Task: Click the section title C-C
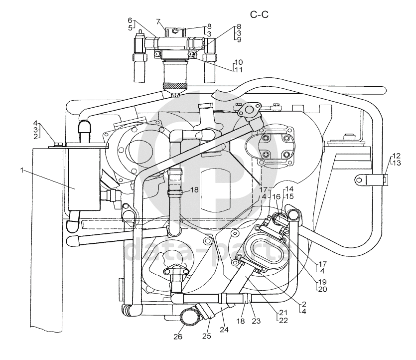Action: point(259,14)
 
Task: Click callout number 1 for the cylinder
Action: point(22,170)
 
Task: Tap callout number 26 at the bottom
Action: point(178,337)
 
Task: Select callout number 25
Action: point(206,336)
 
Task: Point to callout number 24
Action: point(224,330)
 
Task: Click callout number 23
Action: point(256,321)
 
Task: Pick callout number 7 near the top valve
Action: point(158,21)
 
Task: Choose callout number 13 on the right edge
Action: point(397,163)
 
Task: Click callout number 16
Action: point(276,197)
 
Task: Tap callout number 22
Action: point(283,321)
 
